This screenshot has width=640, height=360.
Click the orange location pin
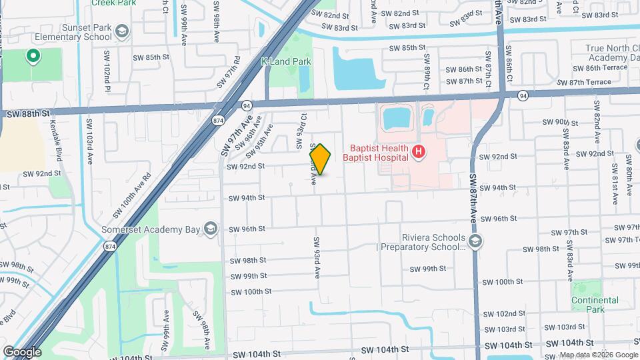tap(320, 159)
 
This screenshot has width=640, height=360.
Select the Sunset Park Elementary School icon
tap(121, 31)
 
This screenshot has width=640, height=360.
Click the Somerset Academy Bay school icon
tap(211, 229)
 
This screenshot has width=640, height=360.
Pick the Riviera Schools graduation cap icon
tap(475, 241)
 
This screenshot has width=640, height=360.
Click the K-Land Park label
tap(286, 61)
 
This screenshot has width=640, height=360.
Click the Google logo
tap(22, 351)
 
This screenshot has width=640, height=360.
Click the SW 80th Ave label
tap(628, 175)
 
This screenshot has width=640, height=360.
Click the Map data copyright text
tap(598, 355)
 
